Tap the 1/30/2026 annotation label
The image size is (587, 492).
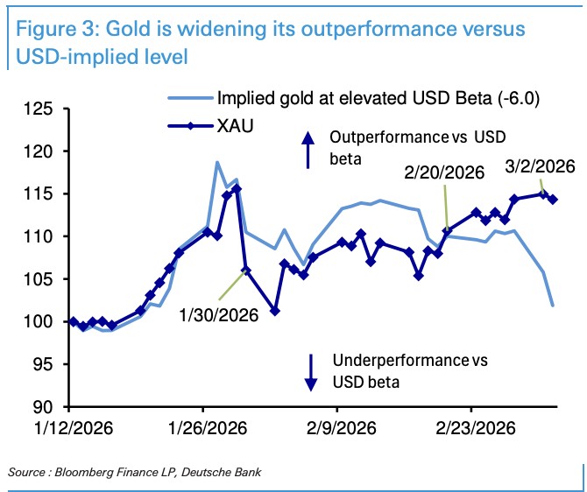click(x=219, y=313)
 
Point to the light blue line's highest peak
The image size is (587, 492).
click(x=216, y=163)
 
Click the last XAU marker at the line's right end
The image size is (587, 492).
click(x=553, y=200)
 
